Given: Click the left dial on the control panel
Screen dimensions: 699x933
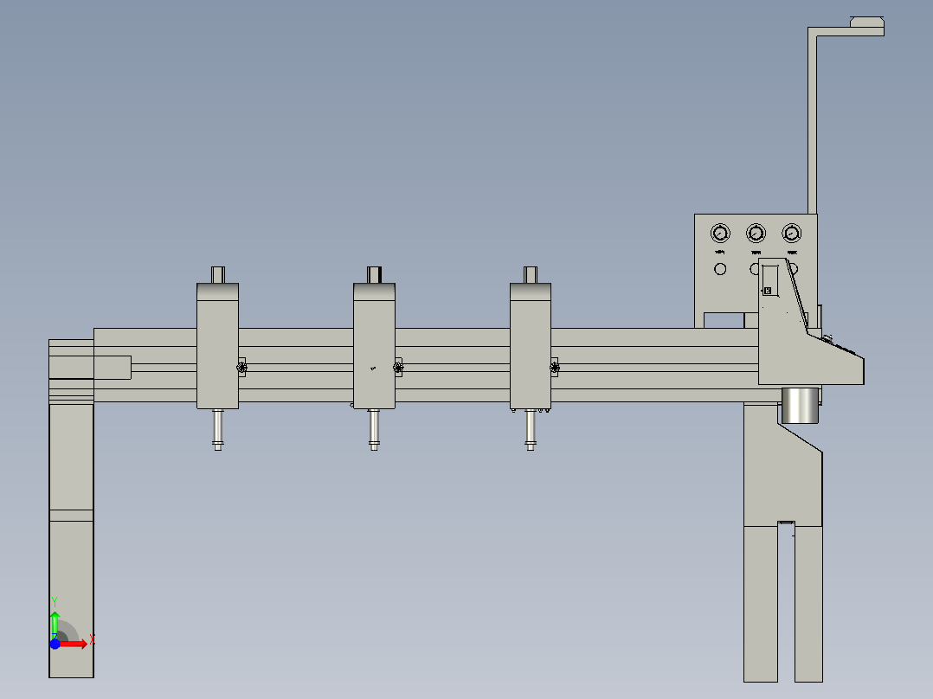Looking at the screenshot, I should (720, 233).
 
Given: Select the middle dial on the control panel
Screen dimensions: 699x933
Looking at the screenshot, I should (756, 233).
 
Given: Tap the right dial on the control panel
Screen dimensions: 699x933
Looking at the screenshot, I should (791, 233).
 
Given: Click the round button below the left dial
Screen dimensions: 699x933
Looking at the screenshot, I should (720, 269).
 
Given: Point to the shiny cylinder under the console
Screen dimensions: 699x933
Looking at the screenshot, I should (800, 406).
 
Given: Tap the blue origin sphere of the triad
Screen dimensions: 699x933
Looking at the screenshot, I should (55, 644).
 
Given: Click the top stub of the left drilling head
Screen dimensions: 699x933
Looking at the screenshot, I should (218, 274).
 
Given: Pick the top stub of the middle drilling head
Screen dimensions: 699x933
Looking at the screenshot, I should (375, 274).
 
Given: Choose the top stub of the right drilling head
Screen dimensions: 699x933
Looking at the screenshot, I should (531, 274).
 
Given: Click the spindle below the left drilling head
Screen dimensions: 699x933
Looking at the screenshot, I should (217, 429).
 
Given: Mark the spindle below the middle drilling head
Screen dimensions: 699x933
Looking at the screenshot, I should (374, 429).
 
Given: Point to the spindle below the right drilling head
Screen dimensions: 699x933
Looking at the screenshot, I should (530, 429).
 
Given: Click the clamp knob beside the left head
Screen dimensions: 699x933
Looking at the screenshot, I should (242, 369).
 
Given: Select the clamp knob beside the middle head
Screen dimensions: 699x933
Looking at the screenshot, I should (398, 369).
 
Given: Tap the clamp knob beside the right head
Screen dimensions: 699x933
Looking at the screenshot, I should (554, 369).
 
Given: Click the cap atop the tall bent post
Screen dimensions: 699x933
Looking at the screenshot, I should (866, 22).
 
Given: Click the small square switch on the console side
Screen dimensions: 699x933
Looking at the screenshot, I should (767, 291).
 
